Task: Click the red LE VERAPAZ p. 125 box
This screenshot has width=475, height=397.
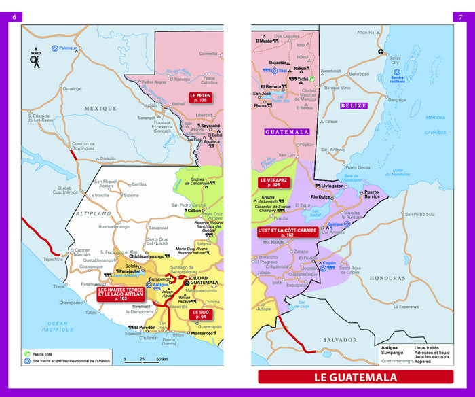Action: point(273,182)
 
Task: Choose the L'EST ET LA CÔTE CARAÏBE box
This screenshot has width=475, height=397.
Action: point(288,232)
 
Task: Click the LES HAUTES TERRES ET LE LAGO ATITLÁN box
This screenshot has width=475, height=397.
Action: point(120,294)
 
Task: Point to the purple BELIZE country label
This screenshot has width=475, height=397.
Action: point(354,105)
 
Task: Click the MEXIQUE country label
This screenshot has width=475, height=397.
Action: point(100,108)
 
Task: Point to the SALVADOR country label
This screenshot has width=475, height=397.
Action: point(339,339)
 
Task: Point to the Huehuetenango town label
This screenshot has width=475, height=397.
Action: point(113,226)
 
